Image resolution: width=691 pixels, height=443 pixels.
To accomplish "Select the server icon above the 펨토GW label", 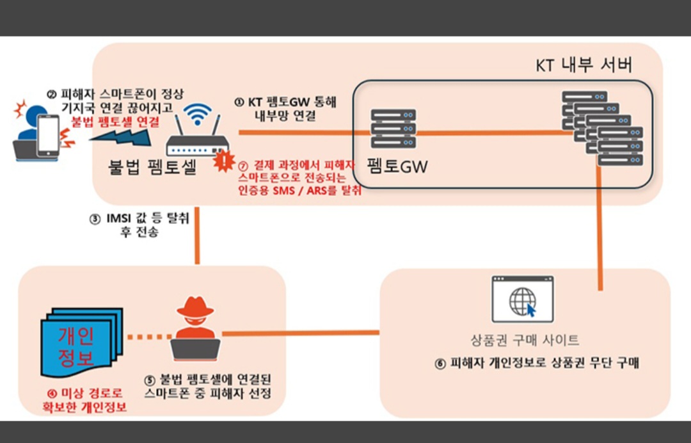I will tap(393, 128).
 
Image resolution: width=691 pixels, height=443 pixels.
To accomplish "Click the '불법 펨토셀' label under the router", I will tap(152, 167).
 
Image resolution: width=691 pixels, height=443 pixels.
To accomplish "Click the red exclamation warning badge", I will tap(224, 160).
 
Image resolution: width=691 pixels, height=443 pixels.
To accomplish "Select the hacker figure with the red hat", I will tap(195, 327).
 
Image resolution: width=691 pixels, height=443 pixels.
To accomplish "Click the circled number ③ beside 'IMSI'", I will tap(95, 219).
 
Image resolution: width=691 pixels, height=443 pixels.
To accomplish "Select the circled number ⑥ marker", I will tap(440, 364).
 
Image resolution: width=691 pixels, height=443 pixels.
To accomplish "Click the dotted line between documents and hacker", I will tap(148, 336).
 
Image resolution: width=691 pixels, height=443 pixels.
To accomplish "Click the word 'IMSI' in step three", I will tap(119, 219).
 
